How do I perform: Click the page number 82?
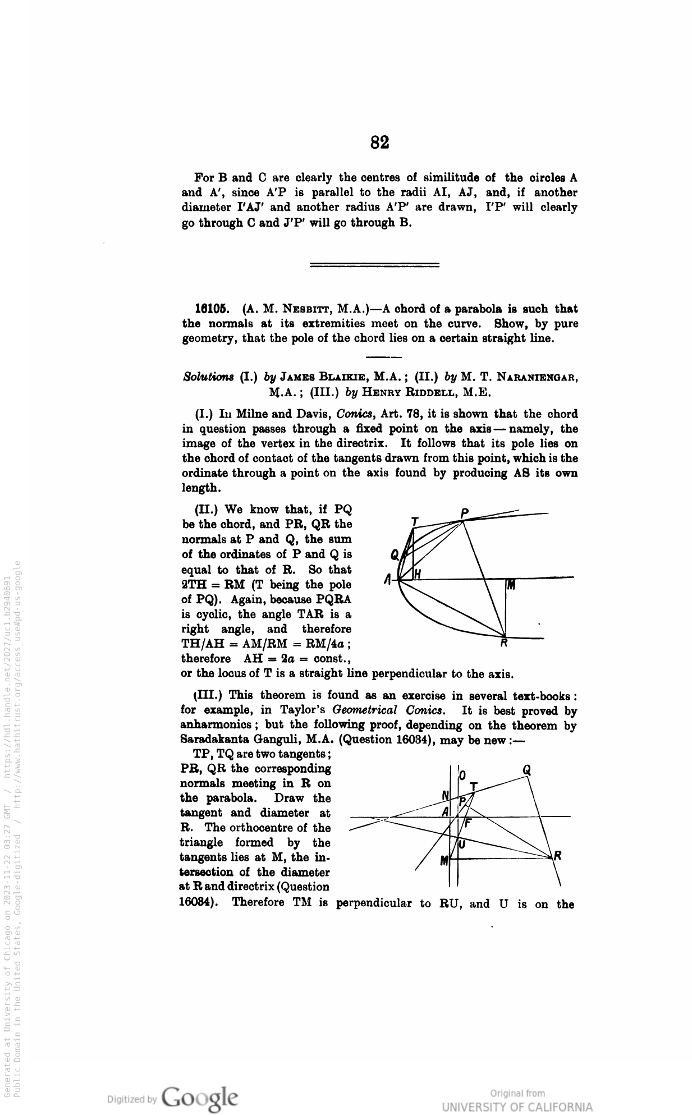[380, 143]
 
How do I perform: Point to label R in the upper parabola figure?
[505, 644]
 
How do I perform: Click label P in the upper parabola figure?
[465, 513]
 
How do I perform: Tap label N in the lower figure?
[446, 795]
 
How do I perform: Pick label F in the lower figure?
[467, 823]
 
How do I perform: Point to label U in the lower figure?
[462, 844]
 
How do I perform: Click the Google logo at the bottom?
[199, 1096]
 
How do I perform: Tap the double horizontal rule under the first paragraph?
[374, 264]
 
